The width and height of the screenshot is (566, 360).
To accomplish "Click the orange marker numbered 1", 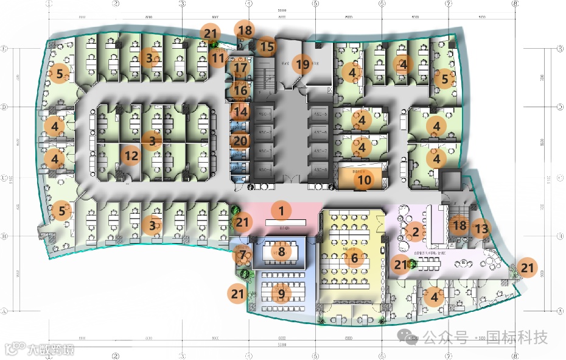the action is [x=281, y=211].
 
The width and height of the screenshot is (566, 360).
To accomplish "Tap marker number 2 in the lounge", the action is [x=415, y=231].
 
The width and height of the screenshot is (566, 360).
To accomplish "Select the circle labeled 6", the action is [x=354, y=258].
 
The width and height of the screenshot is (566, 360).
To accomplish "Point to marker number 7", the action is [x=243, y=255].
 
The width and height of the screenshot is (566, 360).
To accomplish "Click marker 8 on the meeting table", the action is [x=281, y=251].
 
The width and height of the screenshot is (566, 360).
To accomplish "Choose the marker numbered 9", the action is [x=281, y=294].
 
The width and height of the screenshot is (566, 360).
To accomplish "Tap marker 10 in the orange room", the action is [x=364, y=180].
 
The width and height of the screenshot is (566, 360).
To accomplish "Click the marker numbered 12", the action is [x=131, y=156].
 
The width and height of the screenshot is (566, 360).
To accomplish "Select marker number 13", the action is [x=481, y=228].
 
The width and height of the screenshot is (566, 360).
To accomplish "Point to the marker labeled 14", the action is [x=241, y=112].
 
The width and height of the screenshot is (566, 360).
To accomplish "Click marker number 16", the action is [x=241, y=90].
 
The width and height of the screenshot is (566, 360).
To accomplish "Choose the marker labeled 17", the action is [x=241, y=68].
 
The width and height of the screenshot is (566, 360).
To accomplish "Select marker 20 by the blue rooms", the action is [x=241, y=141].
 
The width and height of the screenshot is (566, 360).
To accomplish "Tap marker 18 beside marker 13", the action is [x=459, y=225].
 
